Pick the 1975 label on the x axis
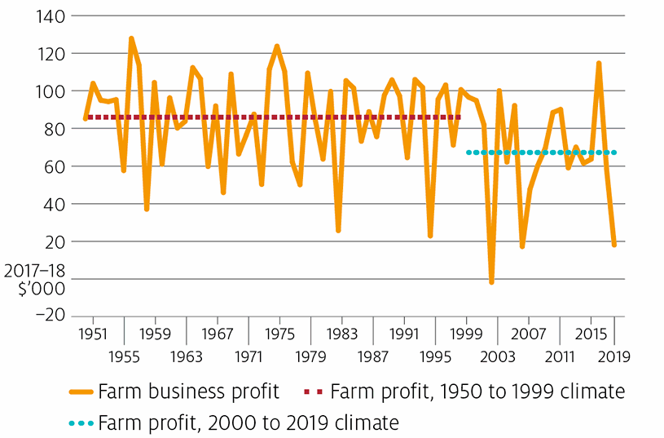click(279, 334)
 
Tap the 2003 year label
click(497, 356)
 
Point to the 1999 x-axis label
click(466, 334)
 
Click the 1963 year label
click(187, 356)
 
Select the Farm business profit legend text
click(188, 392)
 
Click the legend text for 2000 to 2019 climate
click(248, 423)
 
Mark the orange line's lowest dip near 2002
click(491, 282)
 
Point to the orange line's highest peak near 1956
click(131, 38)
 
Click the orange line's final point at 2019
click(613, 244)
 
